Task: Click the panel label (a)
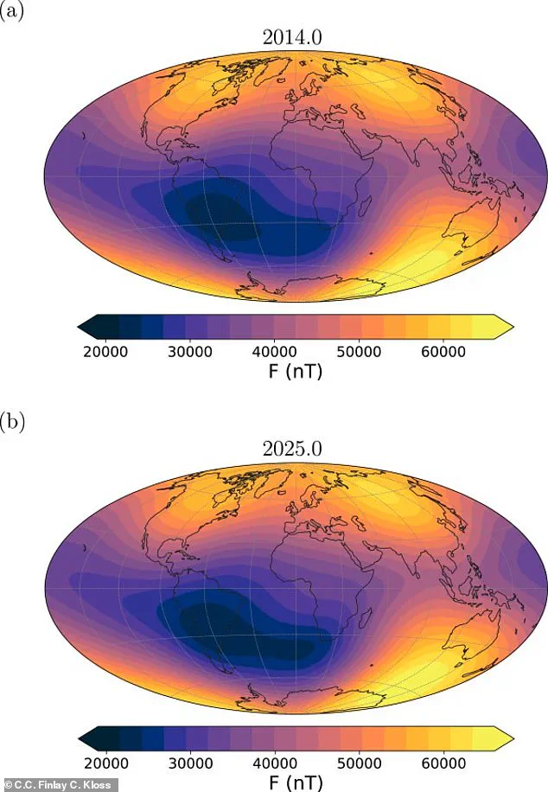12,15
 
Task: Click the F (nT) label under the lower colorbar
296,781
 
